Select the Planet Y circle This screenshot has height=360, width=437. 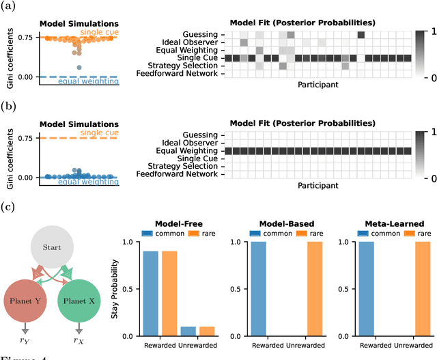[x=26, y=300]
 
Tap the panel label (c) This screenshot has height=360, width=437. [x=9, y=206]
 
